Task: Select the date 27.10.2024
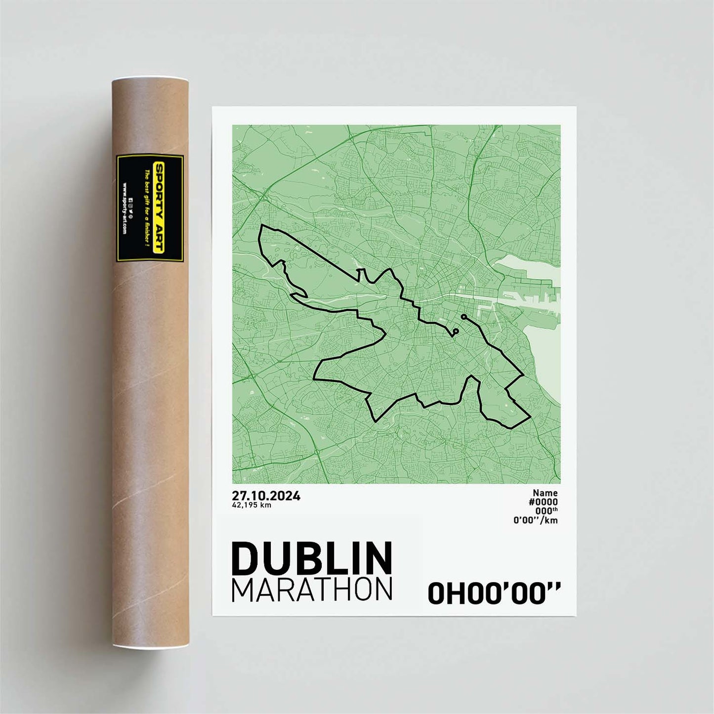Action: click(x=266, y=496)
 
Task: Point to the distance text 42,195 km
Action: click(x=252, y=505)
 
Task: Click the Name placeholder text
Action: click(x=545, y=493)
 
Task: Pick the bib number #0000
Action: click(x=543, y=502)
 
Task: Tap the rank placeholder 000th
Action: click(x=546, y=511)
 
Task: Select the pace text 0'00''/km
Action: click(x=536, y=520)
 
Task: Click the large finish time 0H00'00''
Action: click(x=494, y=593)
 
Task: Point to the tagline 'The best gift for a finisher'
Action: click(x=146, y=208)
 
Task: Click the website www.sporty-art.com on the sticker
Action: click(x=124, y=208)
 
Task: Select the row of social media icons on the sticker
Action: click(x=131, y=208)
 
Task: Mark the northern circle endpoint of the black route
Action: click(x=463, y=316)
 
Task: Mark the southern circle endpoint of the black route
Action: click(x=456, y=331)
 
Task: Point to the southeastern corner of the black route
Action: click(x=530, y=417)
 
